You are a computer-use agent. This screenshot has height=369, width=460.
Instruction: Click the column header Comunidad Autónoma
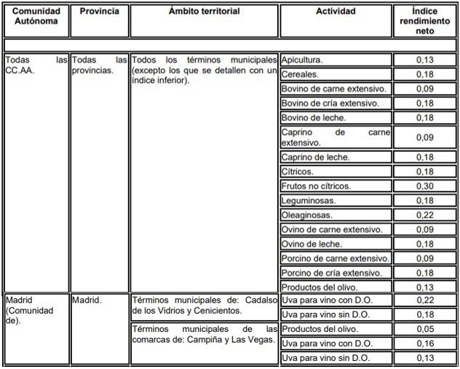(x=36, y=17)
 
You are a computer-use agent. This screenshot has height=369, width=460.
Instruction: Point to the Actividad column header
(x=336, y=12)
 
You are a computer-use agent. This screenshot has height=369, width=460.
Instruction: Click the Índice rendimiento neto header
(x=425, y=22)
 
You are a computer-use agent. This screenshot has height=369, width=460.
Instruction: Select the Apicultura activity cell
(x=336, y=60)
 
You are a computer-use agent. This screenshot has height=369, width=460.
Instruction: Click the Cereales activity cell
(x=336, y=74)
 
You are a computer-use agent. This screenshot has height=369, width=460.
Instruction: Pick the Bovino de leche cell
(x=336, y=117)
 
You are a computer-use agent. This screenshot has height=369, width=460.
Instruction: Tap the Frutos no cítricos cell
(x=336, y=186)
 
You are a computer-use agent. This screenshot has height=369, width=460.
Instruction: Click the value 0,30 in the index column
(x=425, y=186)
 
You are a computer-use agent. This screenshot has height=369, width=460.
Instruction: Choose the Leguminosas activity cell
(x=336, y=200)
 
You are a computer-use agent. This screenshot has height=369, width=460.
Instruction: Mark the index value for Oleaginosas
(x=425, y=215)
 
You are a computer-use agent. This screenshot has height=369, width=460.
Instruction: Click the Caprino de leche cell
(x=336, y=157)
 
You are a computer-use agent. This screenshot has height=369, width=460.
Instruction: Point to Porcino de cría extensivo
(x=336, y=272)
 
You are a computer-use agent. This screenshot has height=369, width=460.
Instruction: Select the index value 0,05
(x=425, y=329)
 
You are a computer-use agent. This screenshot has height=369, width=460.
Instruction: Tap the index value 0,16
(x=425, y=343)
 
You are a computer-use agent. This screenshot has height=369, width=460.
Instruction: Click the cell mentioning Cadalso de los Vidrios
(x=204, y=306)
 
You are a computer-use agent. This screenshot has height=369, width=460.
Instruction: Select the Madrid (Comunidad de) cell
(x=36, y=310)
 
